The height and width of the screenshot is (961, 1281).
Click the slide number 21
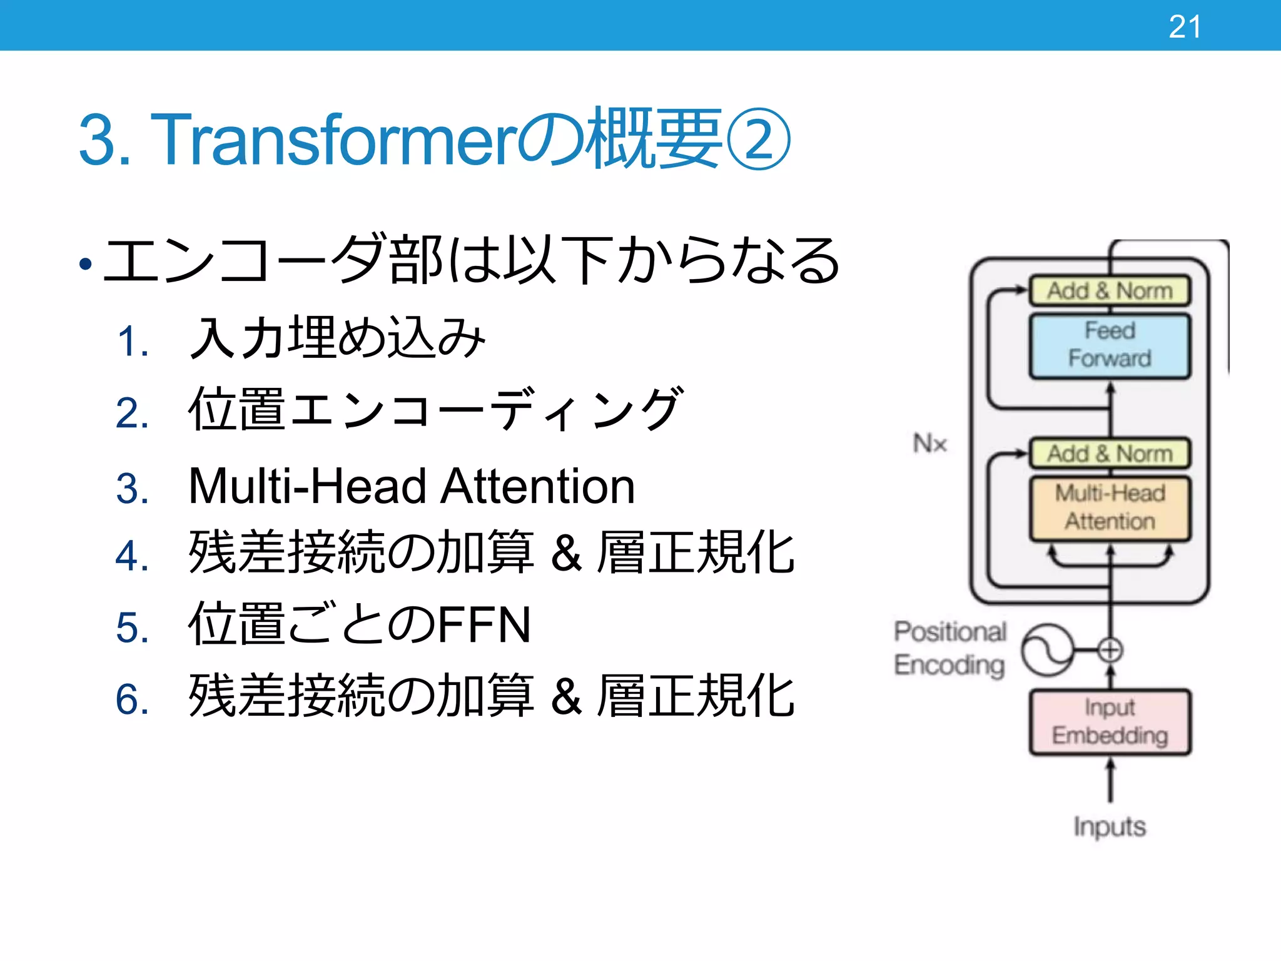coord(1185,27)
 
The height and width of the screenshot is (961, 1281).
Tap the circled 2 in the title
coord(759,140)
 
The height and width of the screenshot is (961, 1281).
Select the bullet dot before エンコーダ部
coord(86,264)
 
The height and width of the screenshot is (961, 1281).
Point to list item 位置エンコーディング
coord(435,410)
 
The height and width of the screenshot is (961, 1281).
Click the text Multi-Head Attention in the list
coord(412,486)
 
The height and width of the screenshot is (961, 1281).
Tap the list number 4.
coord(132,556)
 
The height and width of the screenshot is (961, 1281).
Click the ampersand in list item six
coord(566,697)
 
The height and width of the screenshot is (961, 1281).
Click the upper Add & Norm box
coord(1110,291)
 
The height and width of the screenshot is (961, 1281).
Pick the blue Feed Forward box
coord(1110,345)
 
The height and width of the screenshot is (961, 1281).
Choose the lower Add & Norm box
coord(1110,454)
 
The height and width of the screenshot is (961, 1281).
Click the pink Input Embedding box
coord(1110,721)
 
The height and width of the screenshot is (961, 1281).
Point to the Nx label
coord(929,444)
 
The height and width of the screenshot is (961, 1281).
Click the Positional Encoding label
coord(949,648)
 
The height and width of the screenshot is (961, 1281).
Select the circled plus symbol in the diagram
coord(1110,650)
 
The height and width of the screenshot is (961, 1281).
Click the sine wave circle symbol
coord(1047,650)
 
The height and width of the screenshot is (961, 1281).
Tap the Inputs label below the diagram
coord(1110,826)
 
